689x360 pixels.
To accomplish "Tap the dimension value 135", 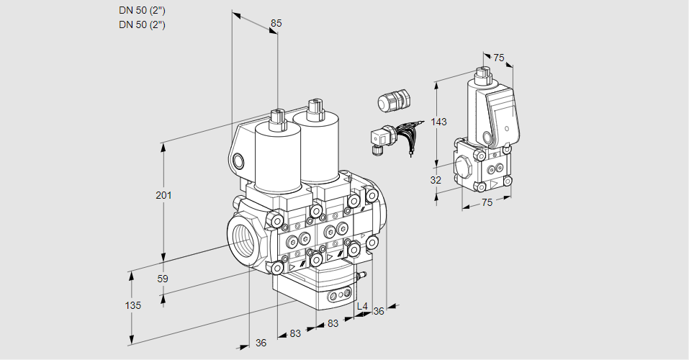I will [x=132, y=305].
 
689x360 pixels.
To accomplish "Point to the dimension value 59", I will [x=163, y=279].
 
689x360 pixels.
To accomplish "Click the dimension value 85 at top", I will [x=276, y=23].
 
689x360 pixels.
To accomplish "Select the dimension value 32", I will [x=435, y=180].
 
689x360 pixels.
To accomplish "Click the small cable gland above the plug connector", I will [x=393, y=101].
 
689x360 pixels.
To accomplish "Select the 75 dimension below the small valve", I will [x=487, y=203].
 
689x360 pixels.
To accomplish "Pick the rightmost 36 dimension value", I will [x=379, y=310].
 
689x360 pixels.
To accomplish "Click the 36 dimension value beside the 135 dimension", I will [x=261, y=343].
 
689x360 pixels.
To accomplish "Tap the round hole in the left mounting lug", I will [x=239, y=160].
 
